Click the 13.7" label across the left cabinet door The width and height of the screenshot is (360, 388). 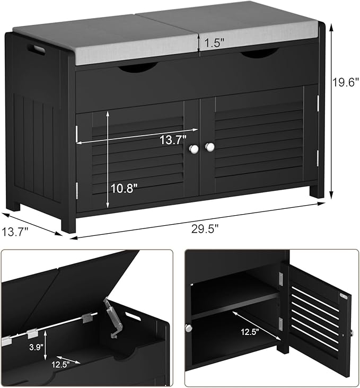tap(173, 140)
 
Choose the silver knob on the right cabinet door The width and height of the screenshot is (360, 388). tap(210, 147)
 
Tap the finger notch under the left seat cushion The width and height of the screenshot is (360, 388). tap(137, 67)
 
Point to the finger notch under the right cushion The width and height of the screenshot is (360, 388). tap(260, 54)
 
